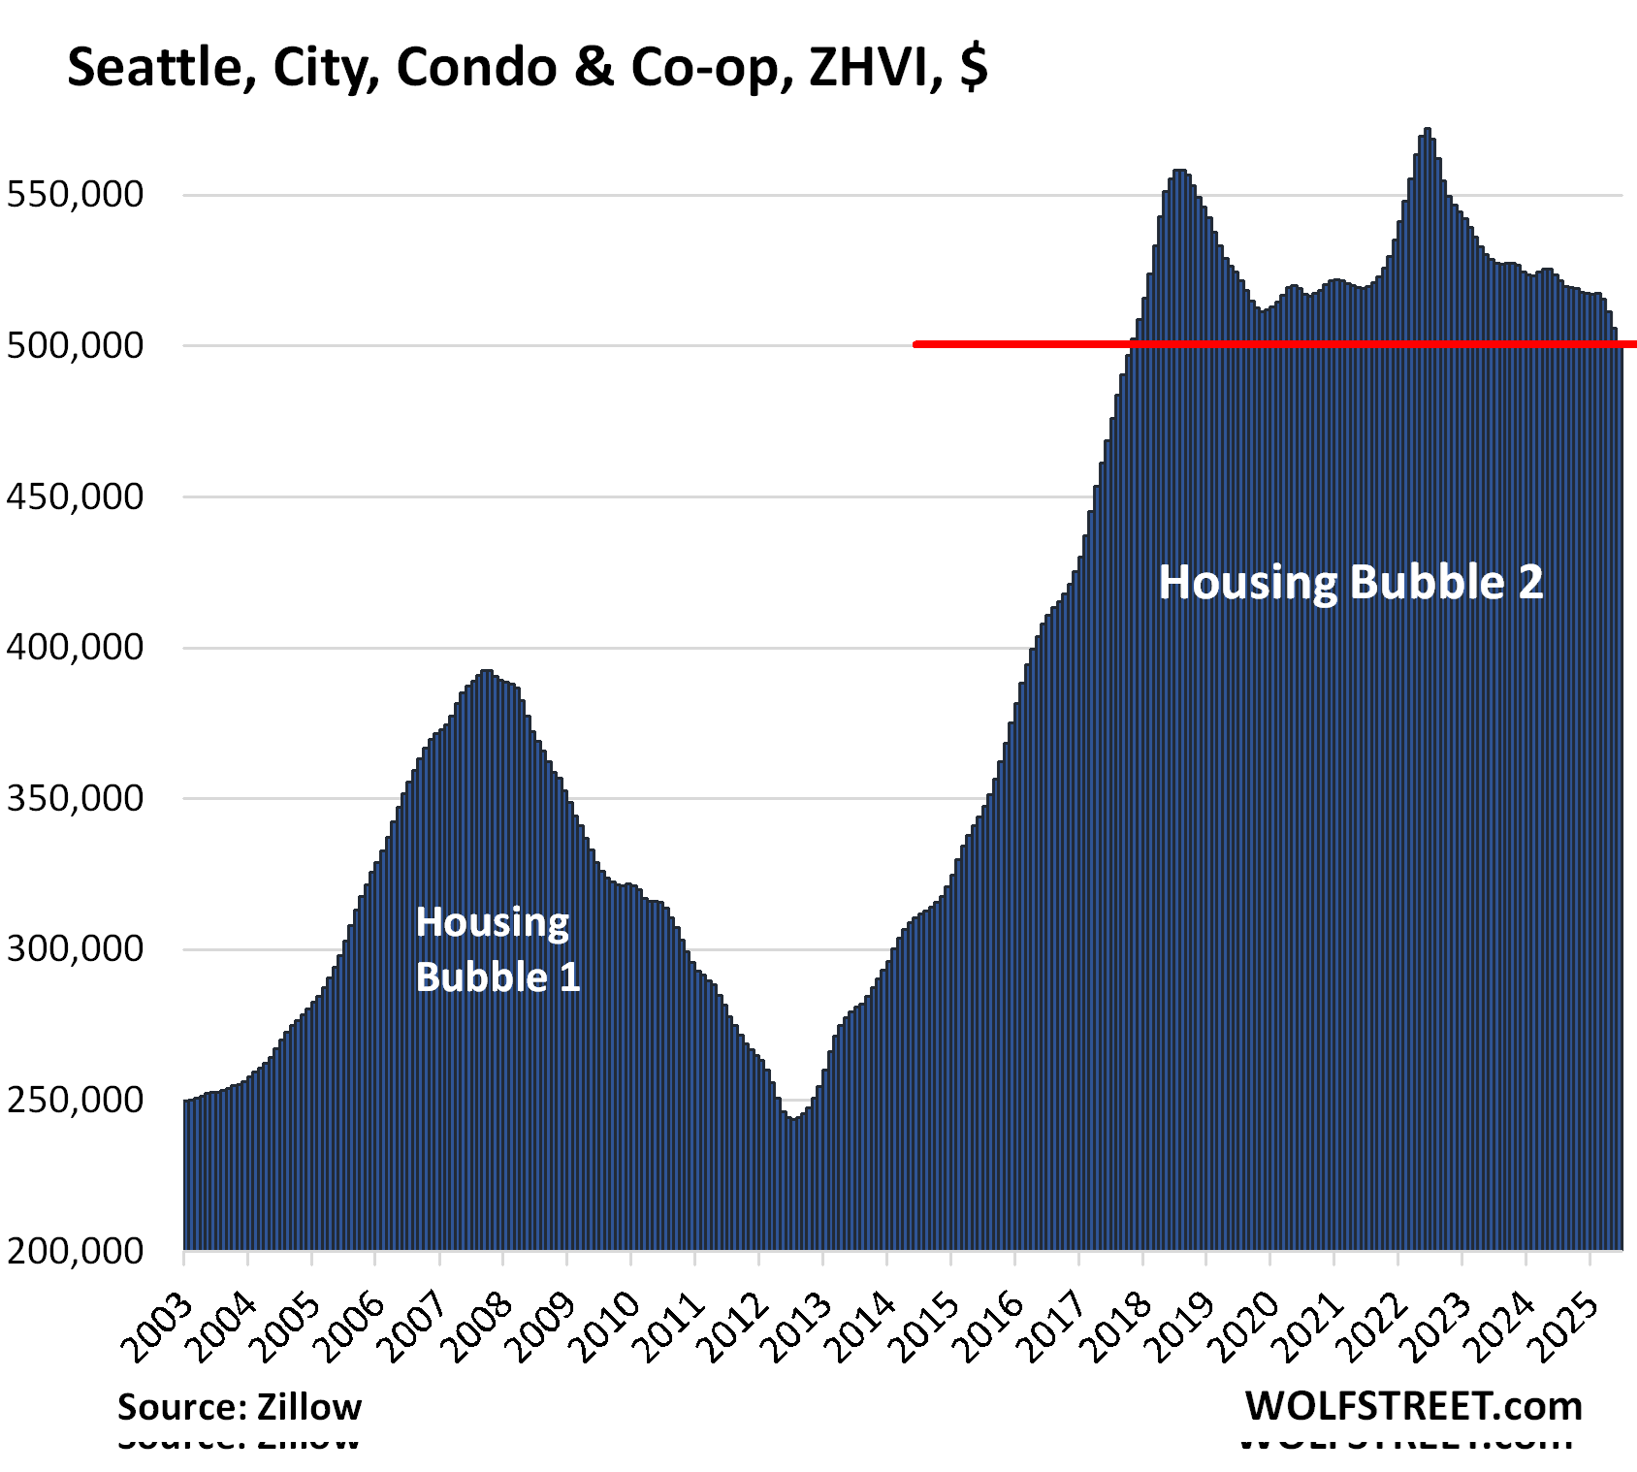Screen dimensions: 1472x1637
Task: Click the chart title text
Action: [528, 68]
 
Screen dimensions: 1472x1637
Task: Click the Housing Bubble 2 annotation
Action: [1350, 583]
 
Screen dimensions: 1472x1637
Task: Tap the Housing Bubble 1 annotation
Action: [497, 949]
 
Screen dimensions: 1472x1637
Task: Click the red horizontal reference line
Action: [1261, 344]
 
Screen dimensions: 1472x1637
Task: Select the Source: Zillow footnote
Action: [240, 1406]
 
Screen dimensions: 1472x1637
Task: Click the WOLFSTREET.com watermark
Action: [1413, 1405]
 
